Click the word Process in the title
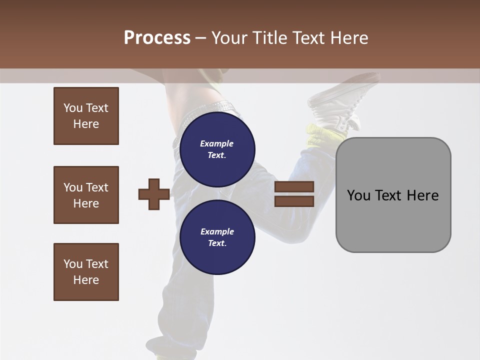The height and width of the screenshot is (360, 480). (x=157, y=38)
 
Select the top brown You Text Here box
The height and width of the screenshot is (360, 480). (x=86, y=116)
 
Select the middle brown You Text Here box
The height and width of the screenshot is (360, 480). (x=86, y=195)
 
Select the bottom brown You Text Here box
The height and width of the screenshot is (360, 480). (x=86, y=272)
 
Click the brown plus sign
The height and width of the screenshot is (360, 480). (x=153, y=194)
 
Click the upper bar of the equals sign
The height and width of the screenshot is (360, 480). (x=294, y=187)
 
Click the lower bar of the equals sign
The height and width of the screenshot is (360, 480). (x=294, y=201)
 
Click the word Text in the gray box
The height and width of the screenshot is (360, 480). (x=389, y=195)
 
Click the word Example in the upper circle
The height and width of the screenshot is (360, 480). (x=217, y=143)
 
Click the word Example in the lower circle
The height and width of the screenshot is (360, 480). (x=217, y=231)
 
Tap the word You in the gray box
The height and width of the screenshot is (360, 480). (x=358, y=195)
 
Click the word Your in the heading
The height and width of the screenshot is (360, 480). (x=230, y=38)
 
